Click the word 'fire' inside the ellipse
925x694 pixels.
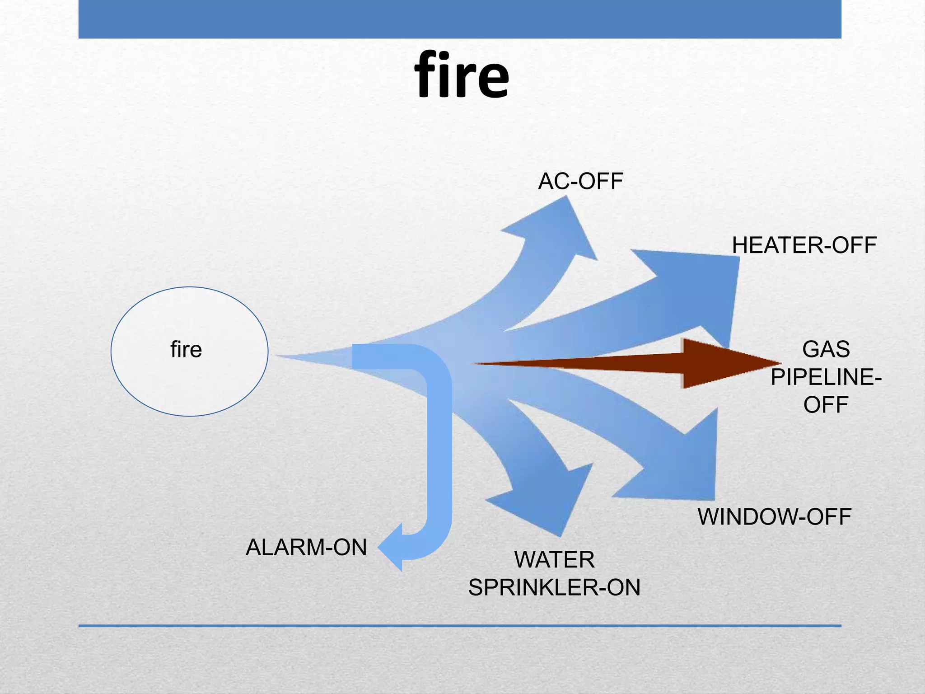[x=186, y=349]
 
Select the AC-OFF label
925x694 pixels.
[x=580, y=181]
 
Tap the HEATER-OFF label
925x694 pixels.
[x=804, y=245]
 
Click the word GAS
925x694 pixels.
[x=826, y=349]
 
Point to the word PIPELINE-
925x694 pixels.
[x=826, y=377]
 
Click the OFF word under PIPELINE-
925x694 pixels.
[x=826, y=405]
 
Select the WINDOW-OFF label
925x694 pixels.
[x=774, y=517]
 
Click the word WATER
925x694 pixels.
[x=554, y=560]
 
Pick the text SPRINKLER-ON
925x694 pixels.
[x=554, y=587]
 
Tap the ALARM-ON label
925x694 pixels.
[x=306, y=547]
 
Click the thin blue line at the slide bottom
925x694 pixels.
[x=460, y=626]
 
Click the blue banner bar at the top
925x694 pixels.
[x=460, y=19]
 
